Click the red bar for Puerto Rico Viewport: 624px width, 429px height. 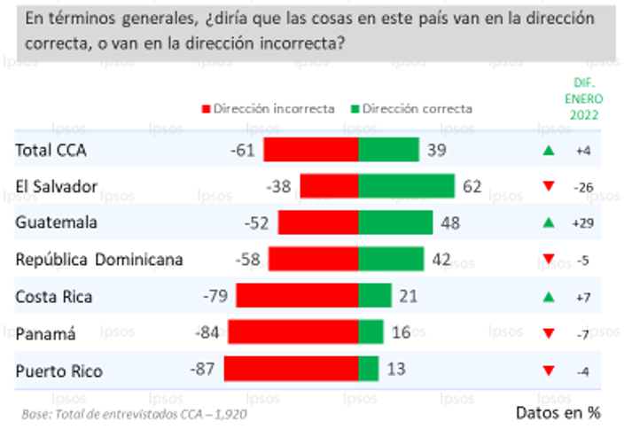pyautogui.click(x=291, y=369)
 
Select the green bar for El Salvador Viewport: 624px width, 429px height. pyautogui.click(x=406, y=186)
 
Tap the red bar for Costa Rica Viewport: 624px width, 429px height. pyautogui.click(x=297, y=296)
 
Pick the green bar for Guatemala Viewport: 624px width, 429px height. pyautogui.click(x=395, y=222)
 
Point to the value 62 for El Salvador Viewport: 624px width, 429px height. pyautogui.click(x=472, y=186)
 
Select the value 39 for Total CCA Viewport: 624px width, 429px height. pyautogui.click(x=436, y=150)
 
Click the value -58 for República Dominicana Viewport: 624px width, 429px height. pyautogui.click(x=248, y=260)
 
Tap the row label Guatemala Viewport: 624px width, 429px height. pyautogui.click(x=57, y=223)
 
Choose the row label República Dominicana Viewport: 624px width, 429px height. pyautogui.click(x=99, y=260)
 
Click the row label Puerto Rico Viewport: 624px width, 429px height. pyautogui.click(x=58, y=370)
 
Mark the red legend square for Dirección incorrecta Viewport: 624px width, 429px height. pyautogui.click(x=206, y=109)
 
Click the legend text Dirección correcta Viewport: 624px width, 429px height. pyautogui.click(x=417, y=109)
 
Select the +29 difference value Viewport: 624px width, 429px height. pyautogui.click(x=582, y=223)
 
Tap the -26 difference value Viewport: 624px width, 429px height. pyautogui.click(x=582, y=187)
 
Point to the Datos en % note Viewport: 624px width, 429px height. pyautogui.click(x=558, y=412)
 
